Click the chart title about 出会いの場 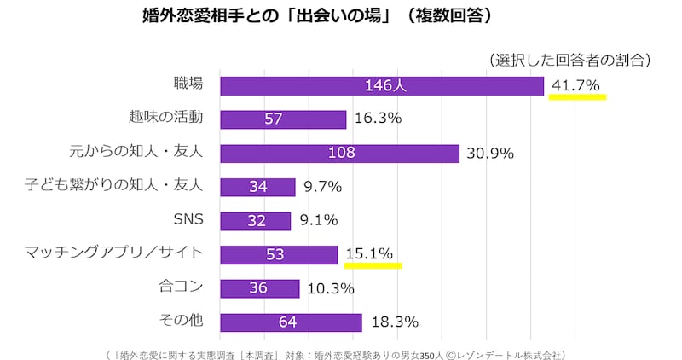[x=315, y=16]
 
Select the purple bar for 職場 [x=382, y=85]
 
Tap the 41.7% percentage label [x=576, y=85]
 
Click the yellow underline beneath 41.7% [x=577, y=97]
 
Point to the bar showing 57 [x=283, y=119]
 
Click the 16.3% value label [x=378, y=119]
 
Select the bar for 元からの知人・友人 [x=339, y=153]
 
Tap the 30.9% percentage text [x=490, y=153]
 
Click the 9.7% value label [x=322, y=187]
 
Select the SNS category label [x=188, y=219]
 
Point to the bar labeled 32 [x=255, y=220]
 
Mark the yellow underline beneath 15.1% [x=373, y=265]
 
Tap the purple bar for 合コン [x=259, y=288]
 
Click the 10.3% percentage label [x=330, y=288]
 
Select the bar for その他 [x=291, y=322]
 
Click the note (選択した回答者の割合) [x=570, y=59]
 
